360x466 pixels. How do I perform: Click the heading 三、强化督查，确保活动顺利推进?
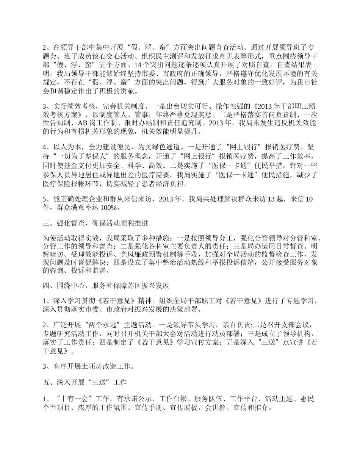[95, 224]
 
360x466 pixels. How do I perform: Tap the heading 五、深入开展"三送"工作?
[85, 383]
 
